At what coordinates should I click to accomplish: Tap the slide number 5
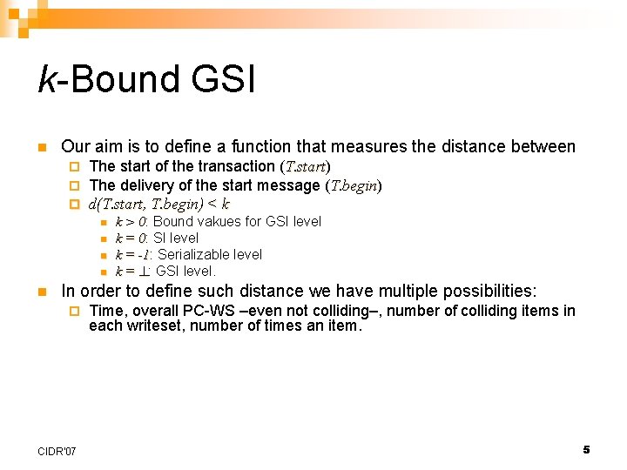point(586,449)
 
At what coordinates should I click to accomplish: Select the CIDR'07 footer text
point(57,451)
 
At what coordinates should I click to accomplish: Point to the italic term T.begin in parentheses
point(353,185)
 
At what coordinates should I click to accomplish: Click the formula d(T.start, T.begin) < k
point(159,205)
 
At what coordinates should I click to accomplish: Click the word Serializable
point(195,255)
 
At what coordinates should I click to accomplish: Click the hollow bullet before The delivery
point(74,185)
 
